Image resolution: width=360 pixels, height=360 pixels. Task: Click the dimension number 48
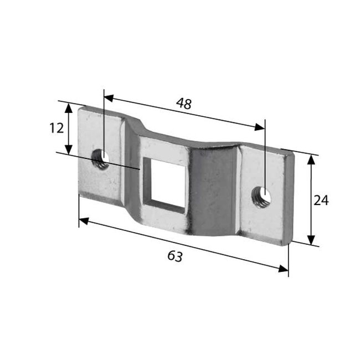coord(184,103)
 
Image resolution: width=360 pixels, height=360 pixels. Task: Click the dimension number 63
coord(175,256)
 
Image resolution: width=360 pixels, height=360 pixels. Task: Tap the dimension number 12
coord(56,128)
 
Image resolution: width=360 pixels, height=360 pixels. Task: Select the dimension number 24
coord(321,200)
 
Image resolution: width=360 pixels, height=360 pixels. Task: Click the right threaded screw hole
coord(260,197)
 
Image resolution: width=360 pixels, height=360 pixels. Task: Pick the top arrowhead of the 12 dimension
coord(69,107)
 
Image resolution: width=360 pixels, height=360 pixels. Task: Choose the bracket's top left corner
coord(80,110)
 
